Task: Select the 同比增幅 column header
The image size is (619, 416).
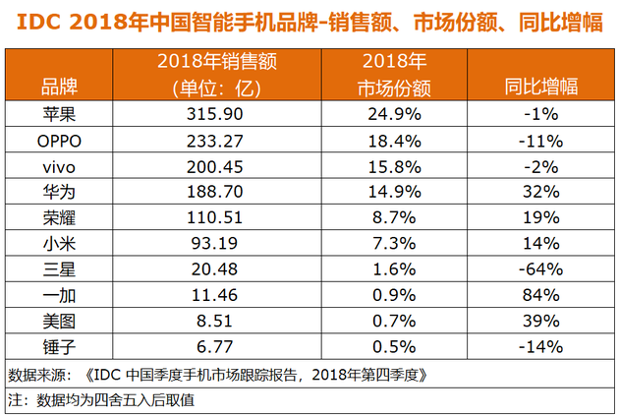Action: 542,88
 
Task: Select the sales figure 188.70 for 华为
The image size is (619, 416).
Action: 233,187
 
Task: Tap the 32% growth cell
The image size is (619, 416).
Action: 542,187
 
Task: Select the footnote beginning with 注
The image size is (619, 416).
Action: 102,399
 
